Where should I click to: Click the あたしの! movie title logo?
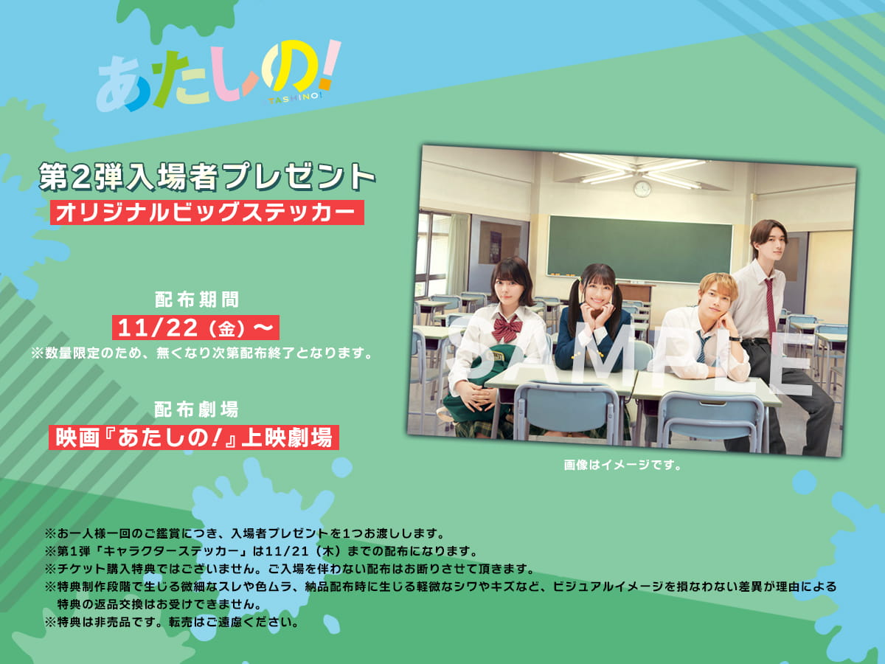218,75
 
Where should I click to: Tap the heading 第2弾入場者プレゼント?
206,176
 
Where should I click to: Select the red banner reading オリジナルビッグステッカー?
206,212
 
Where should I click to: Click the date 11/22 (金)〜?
195,328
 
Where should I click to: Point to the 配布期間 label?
197,299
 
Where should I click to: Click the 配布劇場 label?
196,409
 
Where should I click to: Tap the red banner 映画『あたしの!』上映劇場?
194,438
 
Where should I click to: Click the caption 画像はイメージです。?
622,465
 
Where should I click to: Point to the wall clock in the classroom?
642,188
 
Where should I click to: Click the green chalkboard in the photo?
639,249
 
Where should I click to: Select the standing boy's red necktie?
769,307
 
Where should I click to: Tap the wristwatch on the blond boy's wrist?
735,339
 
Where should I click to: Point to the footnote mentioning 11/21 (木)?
261,551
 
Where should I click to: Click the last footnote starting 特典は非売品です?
172,622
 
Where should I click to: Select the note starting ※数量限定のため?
201,353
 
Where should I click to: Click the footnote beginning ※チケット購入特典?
289,569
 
